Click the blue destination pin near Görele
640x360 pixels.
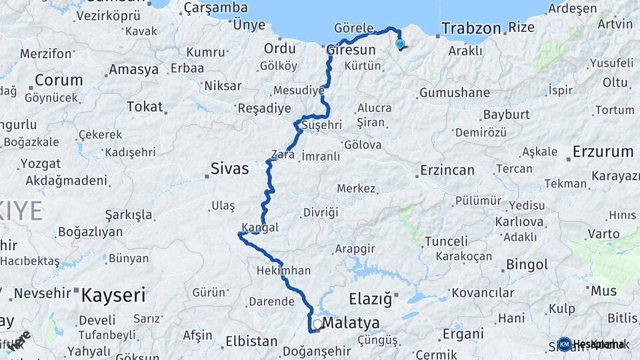click(400, 44)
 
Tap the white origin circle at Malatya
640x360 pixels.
click(317, 325)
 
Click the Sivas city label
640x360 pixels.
click(229, 168)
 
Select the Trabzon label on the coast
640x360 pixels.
click(471, 28)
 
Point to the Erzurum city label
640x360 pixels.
click(603, 152)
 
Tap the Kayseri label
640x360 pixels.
click(113, 295)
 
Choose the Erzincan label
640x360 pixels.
click(447, 171)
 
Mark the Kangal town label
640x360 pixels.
click(260, 227)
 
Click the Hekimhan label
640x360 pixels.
click(283, 271)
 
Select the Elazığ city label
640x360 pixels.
click(370, 298)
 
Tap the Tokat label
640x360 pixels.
click(145, 107)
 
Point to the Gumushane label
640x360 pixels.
click(455, 92)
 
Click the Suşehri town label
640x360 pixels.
click(321, 125)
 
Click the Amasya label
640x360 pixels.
click(133, 69)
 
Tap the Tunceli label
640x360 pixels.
click(446, 241)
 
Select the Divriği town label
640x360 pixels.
click(321, 212)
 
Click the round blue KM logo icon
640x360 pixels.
click(565, 344)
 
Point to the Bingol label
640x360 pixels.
click(527, 265)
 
